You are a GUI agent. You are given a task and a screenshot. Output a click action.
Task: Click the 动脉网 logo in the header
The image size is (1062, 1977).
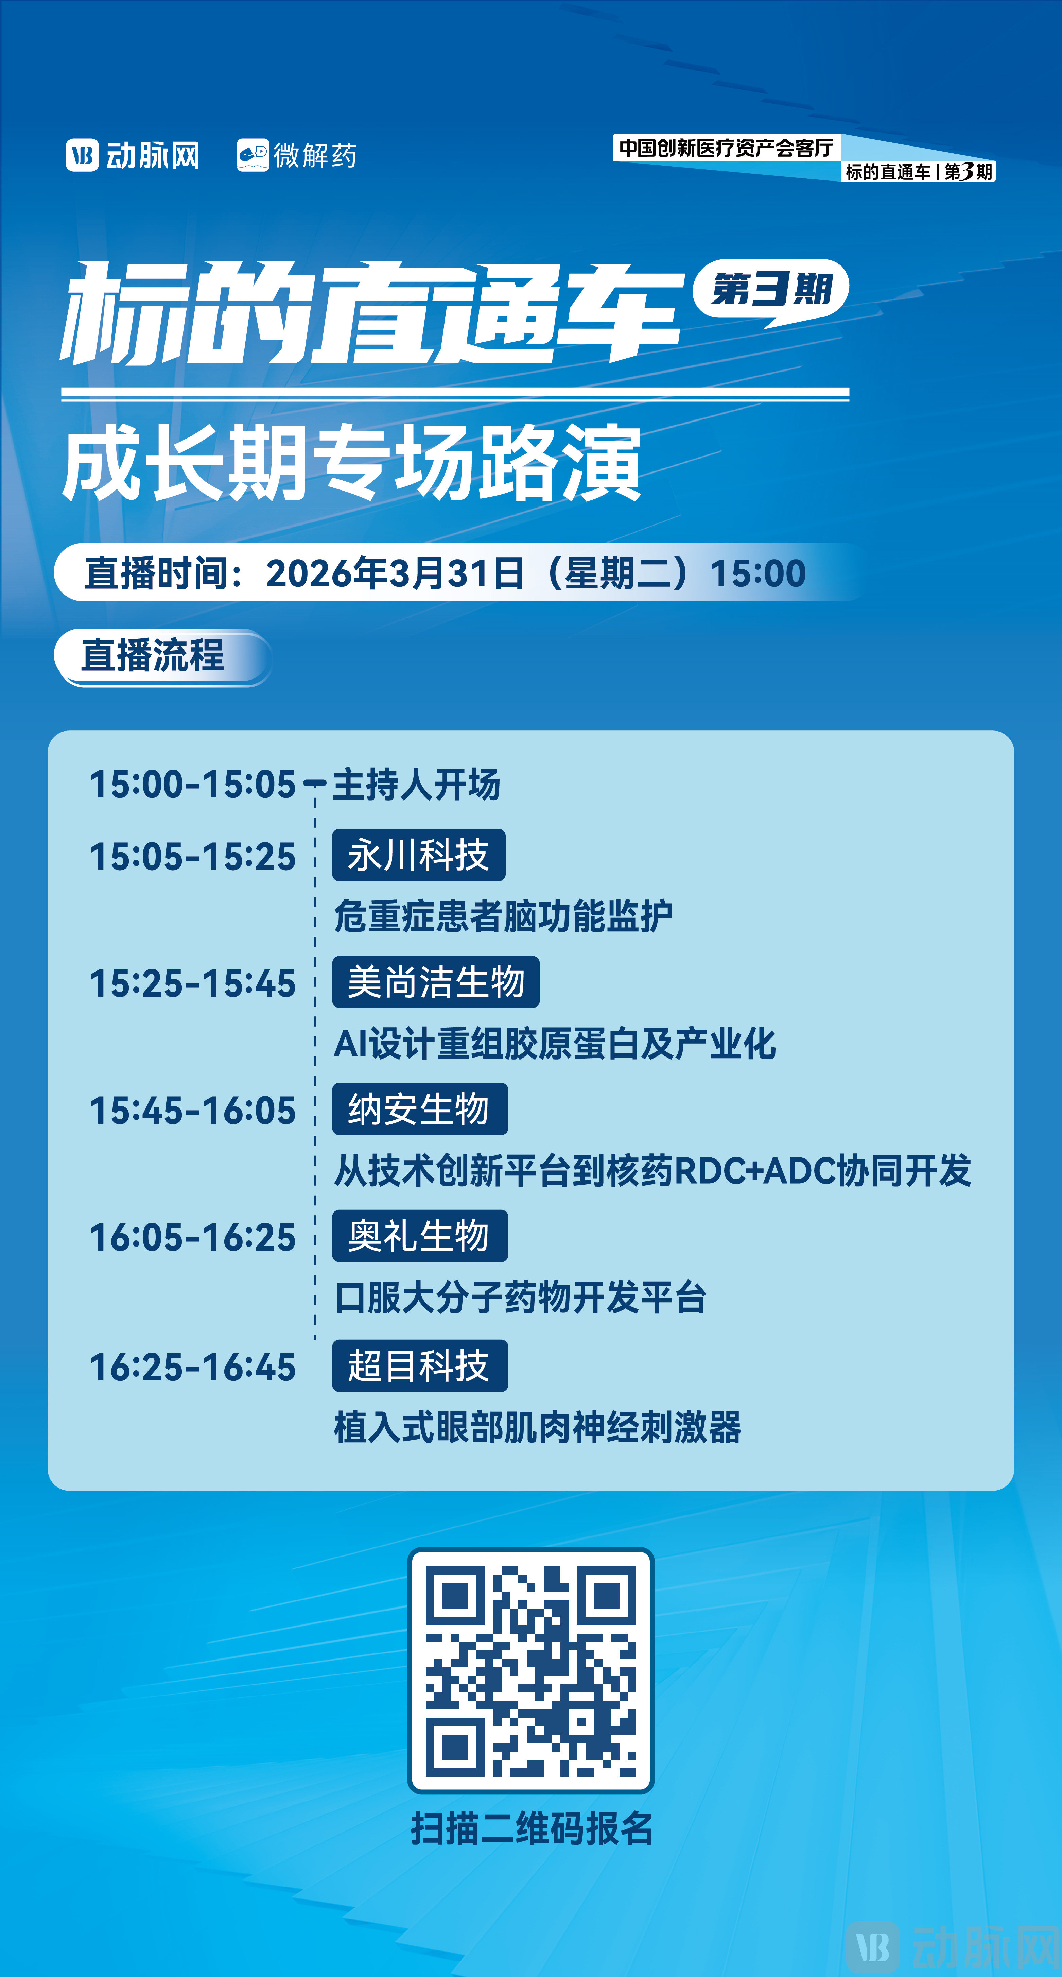click(x=132, y=155)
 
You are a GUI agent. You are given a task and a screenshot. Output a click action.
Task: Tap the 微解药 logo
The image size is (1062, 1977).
click(x=296, y=155)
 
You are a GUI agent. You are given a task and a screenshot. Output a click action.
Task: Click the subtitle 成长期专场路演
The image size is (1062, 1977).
click(x=351, y=464)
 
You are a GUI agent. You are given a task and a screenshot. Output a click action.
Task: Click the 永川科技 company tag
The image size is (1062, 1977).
click(x=418, y=855)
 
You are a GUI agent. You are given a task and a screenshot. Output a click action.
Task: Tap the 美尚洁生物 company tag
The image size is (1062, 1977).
click(x=435, y=982)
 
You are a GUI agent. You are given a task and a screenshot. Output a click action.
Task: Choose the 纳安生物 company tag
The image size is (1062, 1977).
click(x=419, y=1109)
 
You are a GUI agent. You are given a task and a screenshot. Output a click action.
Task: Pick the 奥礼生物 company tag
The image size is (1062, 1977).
click(x=419, y=1236)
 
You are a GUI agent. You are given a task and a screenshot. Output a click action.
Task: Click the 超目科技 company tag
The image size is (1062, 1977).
click(x=419, y=1365)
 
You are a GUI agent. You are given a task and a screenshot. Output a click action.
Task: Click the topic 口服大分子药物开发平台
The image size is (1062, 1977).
click(x=520, y=1298)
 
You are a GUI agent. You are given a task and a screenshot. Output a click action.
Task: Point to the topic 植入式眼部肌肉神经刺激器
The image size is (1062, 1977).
click(x=537, y=1427)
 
